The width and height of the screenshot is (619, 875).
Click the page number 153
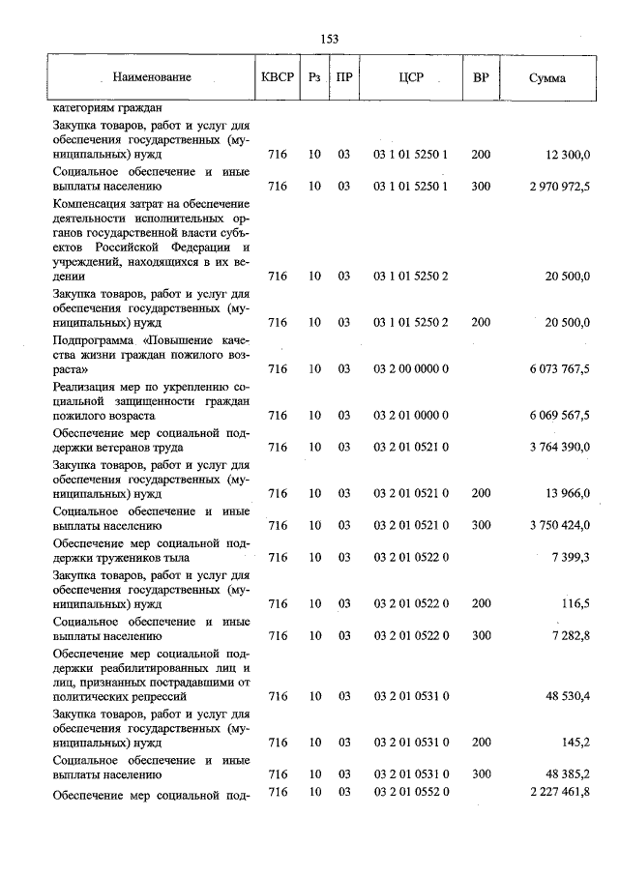pyautogui.click(x=329, y=39)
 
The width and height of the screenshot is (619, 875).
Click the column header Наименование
pyautogui.click(x=151, y=77)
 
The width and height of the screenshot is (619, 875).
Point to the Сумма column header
pyautogui.click(x=547, y=77)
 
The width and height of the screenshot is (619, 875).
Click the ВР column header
pyautogui.click(x=480, y=77)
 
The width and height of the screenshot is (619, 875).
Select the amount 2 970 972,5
pyautogui.click(x=553, y=186)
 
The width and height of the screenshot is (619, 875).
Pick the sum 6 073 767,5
pyautogui.click(x=553, y=369)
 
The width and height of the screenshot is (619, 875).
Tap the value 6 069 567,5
pyautogui.click(x=553, y=415)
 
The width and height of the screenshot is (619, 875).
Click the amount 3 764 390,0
pyautogui.click(x=553, y=448)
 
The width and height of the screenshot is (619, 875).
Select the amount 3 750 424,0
pyautogui.click(x=553, y=525)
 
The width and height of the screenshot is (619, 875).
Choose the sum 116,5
pyautogui.click(x=575, y=603)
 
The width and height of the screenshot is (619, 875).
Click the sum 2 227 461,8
pyautogui.click(x=553, y=792)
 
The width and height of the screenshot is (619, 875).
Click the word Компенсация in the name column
pyautogui.click(x=90, y=204)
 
